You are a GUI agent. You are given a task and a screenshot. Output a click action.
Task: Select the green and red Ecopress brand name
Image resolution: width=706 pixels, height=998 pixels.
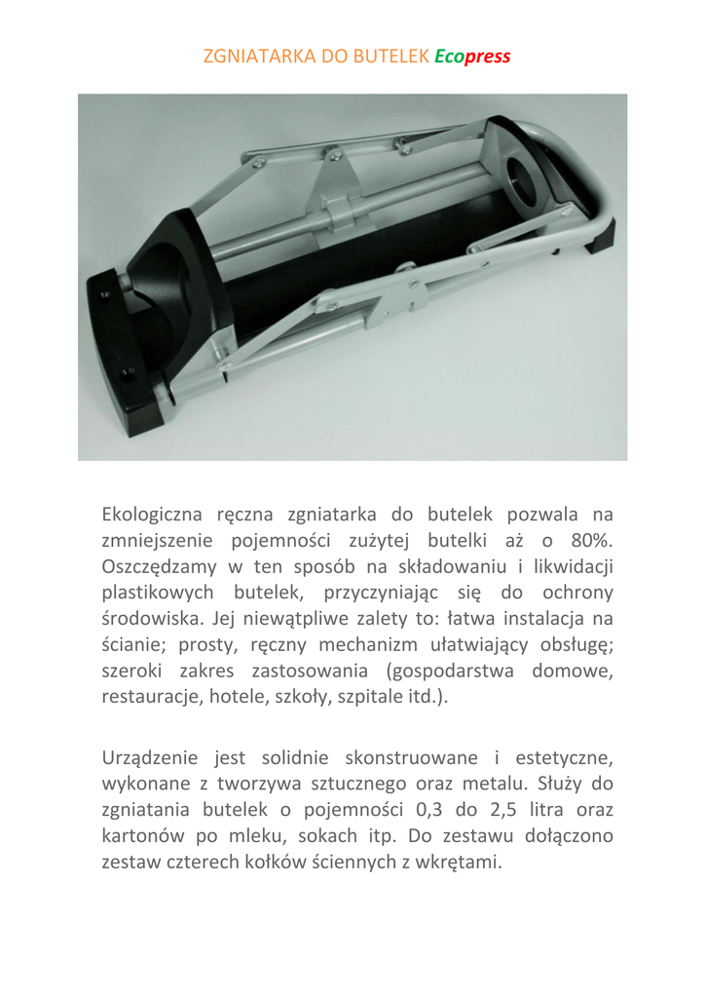(x=472, y=57)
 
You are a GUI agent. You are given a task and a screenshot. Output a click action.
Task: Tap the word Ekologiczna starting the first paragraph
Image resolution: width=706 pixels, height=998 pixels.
(x=152, y=514)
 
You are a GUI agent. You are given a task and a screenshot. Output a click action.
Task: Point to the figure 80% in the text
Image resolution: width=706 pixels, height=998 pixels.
(x=590, y=540)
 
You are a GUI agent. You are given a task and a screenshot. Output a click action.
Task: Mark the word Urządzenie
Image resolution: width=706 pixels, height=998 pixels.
(x=150, y=757)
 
